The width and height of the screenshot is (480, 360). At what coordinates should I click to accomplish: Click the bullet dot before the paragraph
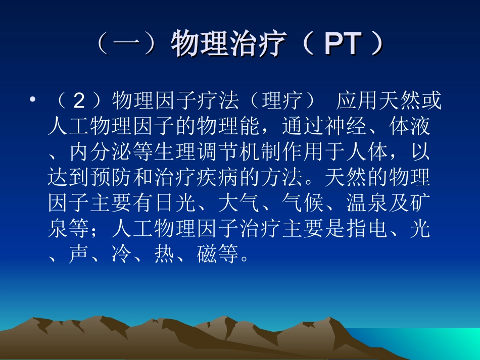pyautogui.click(x=33, y=101)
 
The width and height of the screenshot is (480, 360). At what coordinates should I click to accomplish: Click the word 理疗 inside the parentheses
pyautogui.click(x=282, y=101)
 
